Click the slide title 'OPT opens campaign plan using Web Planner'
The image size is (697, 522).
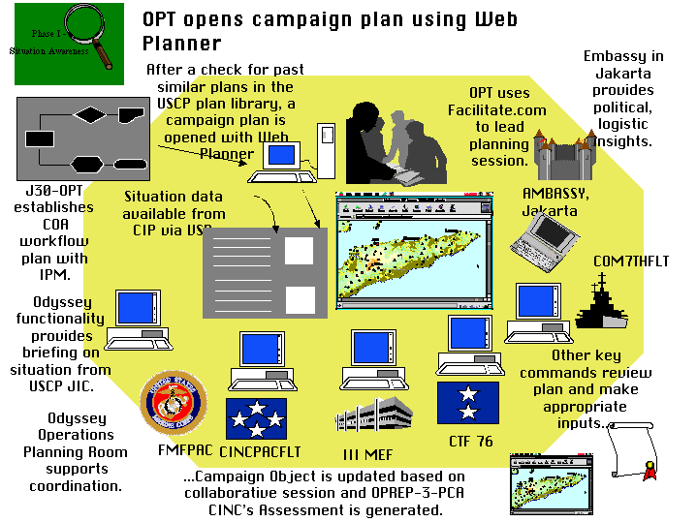point(330,31)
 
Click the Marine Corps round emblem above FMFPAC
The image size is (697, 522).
point(174,403)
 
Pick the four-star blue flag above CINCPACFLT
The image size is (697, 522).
point(256,419)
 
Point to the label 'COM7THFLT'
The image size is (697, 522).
point(631,261)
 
